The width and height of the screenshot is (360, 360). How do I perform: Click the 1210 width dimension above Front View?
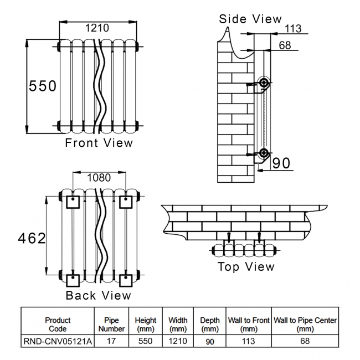[97, 28]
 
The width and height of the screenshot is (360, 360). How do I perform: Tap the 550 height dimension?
[43, 86]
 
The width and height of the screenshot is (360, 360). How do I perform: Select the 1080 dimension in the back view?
[99, 178]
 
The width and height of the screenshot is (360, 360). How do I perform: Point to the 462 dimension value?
[32, 238]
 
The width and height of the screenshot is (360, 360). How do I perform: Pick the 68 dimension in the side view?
[285, 45]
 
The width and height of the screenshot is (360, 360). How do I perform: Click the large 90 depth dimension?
[281, 163]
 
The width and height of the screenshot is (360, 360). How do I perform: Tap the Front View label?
[99, 143]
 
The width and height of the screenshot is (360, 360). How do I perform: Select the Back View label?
[99, 295]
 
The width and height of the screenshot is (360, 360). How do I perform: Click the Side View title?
[250, 19]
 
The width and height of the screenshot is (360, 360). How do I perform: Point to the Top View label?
[245, 266]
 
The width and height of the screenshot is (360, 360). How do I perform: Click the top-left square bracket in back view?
[73, 202]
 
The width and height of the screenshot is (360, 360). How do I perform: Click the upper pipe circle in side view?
[264, 84]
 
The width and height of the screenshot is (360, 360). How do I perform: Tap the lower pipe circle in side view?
[264, 153]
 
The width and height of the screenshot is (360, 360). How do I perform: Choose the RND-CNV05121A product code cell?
[58, 342]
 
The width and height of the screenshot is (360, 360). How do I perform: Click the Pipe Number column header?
[111, 324]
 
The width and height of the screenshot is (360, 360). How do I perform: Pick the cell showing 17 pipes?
[111, 342]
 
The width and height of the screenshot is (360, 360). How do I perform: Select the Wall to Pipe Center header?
[305, 324]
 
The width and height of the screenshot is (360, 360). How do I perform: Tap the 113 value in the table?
[249, 342]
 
